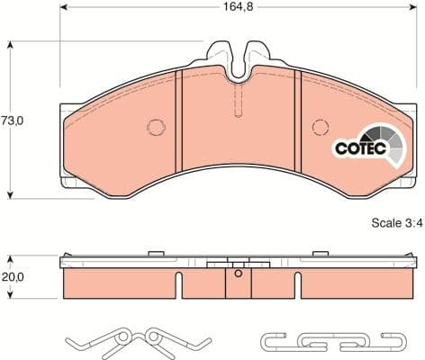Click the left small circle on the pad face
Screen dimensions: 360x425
[156, 127]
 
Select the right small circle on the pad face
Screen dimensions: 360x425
[319, 127]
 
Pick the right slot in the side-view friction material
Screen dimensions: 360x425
[295, 286]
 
